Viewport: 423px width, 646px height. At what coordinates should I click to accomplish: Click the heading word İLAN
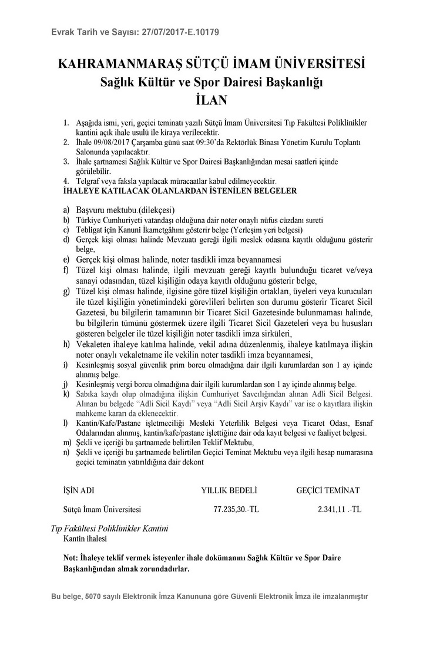[x=211, y=101]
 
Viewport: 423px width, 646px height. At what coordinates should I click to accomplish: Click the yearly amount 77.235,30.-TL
[x=236, y=509]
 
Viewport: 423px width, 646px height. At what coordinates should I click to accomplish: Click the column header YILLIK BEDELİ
[x=230, y=490]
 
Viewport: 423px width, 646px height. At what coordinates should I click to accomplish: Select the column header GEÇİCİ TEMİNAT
[x=328, y=490]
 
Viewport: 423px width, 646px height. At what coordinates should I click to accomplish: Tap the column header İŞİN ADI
[x=79, y=490]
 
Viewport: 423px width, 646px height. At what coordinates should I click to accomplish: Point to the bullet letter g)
[x=66, y=291]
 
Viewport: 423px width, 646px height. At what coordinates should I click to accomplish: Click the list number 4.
[x=66, y=182]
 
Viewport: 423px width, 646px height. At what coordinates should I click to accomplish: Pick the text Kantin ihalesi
[x=86, y=537]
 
